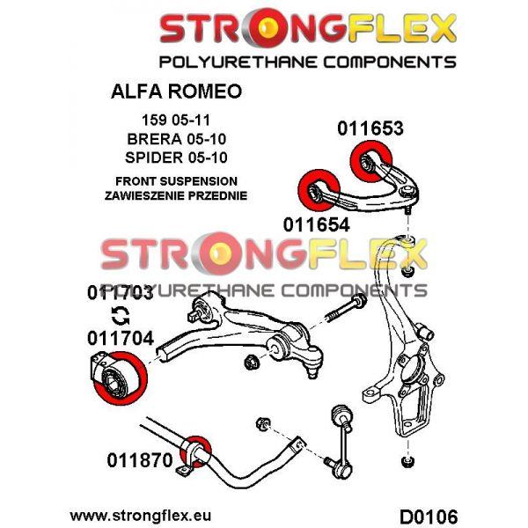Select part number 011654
[x=316, y=224]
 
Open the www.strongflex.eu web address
[x=140, y=512]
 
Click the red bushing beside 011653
[x=363, y=161]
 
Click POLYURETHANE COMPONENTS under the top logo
[x=307, y=62]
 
